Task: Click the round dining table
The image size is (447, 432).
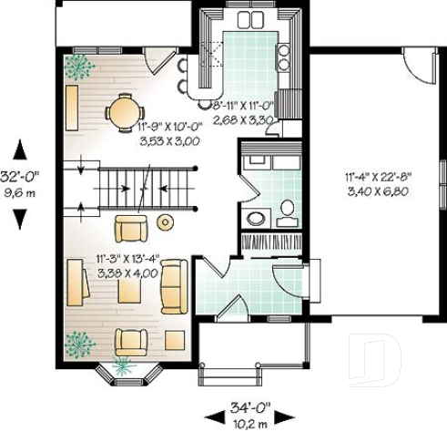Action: [121, 114]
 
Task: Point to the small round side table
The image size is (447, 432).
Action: [165, 221]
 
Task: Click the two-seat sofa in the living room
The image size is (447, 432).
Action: [172, 285]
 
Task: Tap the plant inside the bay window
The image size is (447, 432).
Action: [121, 366]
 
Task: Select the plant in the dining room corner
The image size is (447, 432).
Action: [79, 65]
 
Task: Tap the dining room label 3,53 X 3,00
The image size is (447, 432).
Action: [168, 141]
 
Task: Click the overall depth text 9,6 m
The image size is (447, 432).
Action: [21, 193]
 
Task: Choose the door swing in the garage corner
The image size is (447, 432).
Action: [420, 65]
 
